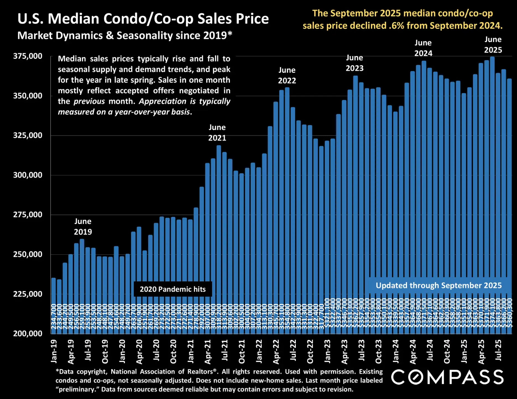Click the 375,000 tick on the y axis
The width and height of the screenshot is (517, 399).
(x=28, y=56)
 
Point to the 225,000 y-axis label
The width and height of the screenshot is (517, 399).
(x=28, y=294)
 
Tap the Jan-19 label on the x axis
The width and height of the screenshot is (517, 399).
(x=54, y=351)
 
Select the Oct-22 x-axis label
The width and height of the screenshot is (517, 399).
(x=310, y=351)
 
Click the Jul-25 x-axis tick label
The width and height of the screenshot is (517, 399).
(x=498, y=350)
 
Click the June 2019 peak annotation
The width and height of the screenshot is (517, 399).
(x=83, y=227)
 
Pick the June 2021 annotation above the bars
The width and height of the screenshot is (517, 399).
(x=217, y=133)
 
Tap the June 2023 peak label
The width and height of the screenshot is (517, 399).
(x=354, y=63)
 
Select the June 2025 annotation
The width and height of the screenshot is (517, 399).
(x=493, y=45)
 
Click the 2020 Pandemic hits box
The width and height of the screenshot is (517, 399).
(x=173, y=289)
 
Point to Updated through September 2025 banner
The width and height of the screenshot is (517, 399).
(x=438, y=286)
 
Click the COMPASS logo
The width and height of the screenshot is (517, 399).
(x=447, y=377)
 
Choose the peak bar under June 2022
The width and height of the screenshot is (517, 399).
(x=287, y=193)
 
